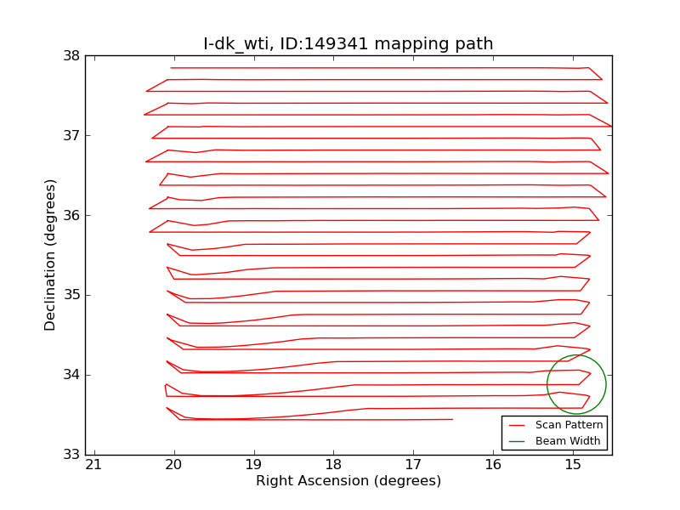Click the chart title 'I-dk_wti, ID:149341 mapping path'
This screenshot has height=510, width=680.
point(348,43)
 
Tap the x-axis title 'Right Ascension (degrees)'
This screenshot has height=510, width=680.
point(348,481)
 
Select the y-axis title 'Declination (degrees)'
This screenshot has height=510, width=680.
point(51,255)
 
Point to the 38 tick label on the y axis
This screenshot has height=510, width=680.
point(71,56)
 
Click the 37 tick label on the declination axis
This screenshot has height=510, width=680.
point(71,135)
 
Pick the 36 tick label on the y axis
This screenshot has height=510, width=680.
point(71,215)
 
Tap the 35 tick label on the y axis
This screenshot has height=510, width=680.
point(71,295)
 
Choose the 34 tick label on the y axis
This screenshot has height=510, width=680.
point(71,375)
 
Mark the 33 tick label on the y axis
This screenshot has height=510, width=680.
point(71,455)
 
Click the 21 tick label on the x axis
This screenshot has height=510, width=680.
point(93,465)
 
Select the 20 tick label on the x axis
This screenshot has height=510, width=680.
point(173,465)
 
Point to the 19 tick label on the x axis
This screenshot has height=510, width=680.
point(253,465)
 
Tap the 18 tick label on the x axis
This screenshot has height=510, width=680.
point(333,465)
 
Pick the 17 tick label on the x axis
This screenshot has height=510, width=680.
point(413,465)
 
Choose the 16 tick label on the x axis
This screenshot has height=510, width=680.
point(493,465)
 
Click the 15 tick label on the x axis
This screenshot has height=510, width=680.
point(573,465)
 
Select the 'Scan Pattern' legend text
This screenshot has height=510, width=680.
point(569,425)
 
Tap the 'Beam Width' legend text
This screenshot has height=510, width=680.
point(568,441)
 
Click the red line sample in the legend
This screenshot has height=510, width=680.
point(518,425)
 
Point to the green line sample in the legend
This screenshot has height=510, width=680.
point(518,441)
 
